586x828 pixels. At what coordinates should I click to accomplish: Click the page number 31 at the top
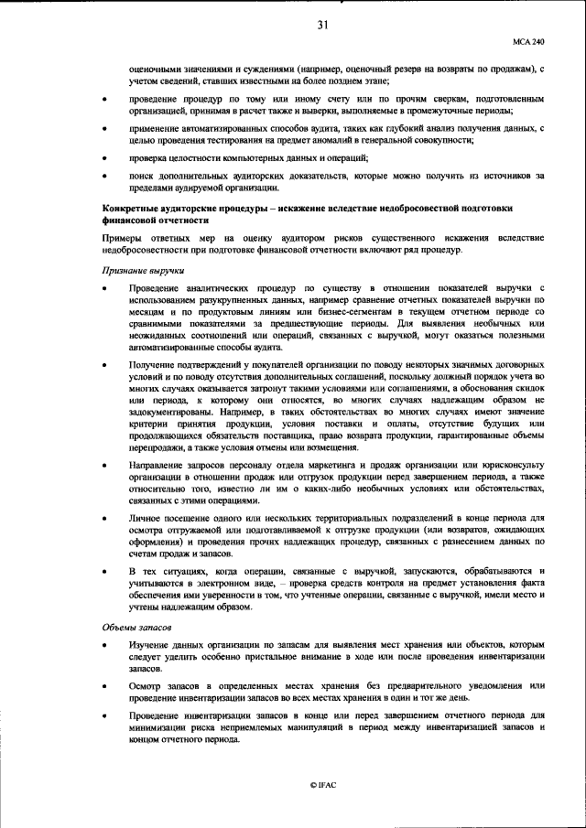pyautogui.click(x=322, y=25)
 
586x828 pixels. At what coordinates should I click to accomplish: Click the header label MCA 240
pyautogui.click(x=528, y=42)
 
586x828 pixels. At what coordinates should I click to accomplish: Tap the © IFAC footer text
pyautogui.click(x=322, y=785)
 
